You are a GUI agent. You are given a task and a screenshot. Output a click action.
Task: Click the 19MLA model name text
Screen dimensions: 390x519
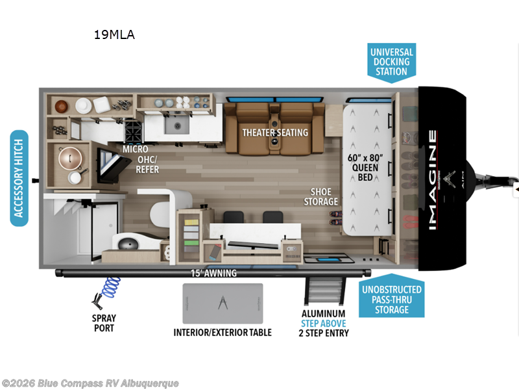pos(114,35)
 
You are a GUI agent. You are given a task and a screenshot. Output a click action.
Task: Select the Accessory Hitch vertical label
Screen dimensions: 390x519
pos(19,178)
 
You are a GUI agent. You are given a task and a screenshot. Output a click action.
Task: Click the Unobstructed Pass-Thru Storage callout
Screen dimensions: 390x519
pos(391,300)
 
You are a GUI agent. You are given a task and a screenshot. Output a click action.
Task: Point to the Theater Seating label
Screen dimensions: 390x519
pos(275,133)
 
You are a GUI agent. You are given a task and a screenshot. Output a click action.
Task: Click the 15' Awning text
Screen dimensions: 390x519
pos(214,273)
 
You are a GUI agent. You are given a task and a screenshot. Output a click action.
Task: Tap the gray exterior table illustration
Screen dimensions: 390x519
pos(223,303)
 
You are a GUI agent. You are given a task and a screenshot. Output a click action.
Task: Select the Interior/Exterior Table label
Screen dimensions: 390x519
pos(223,332)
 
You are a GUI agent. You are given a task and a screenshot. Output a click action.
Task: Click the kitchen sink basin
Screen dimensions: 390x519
pos(175,125)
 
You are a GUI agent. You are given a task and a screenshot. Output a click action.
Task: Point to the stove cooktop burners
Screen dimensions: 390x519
pos(133,132)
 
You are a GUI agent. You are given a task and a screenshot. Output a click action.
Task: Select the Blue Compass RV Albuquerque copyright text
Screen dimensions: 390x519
pos(90,383)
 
